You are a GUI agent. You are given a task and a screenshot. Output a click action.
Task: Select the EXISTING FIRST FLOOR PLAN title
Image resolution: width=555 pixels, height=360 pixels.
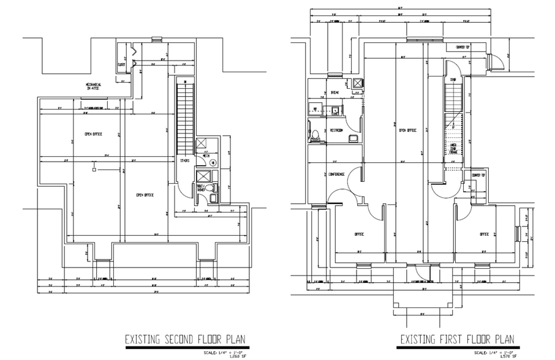pos(457,339)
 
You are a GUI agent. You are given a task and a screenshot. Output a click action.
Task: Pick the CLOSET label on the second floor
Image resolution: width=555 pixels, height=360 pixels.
pos(122,63)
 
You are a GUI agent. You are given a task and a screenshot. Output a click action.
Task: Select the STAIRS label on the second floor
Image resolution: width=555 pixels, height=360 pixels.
pos(184,161)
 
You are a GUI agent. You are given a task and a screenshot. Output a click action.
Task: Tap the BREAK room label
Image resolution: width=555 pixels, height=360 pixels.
pos(334,92)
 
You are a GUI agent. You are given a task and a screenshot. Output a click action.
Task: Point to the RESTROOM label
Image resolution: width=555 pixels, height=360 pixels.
pos(336,130)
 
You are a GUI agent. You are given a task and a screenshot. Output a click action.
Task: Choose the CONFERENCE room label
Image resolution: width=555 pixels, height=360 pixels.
pos(337,174)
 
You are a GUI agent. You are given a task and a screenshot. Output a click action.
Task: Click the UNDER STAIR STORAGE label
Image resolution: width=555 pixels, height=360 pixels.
pos(453,149)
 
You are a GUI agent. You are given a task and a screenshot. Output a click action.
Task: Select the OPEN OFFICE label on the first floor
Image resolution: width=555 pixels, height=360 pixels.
pos(407,130)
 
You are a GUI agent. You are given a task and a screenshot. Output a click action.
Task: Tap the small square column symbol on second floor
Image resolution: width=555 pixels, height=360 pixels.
pos(94,170)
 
